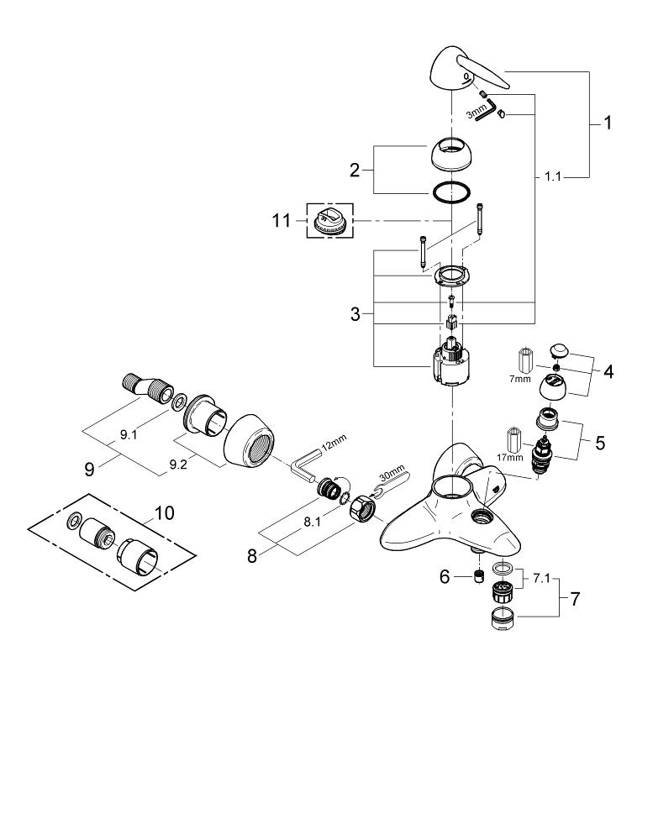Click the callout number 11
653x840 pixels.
282,220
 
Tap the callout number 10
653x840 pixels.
165,512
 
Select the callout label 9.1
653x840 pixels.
129,435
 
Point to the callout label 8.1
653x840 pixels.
312,522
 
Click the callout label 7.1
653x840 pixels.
541,579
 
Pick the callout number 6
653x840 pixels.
445,577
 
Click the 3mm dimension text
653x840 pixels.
476,113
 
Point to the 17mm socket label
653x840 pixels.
510,458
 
